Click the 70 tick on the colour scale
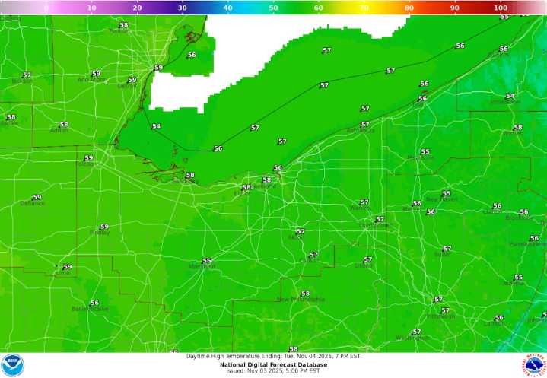click(364, 8)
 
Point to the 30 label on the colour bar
click(183, 8)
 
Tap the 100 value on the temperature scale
click(500, 8)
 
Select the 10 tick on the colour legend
click(92, 8)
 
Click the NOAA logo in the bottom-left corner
click(13, 365)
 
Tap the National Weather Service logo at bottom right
click(534, 365)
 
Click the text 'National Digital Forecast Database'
click(273, 364)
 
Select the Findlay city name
click(100, 233)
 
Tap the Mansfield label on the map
click(202, 267)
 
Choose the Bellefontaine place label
click(90, 309)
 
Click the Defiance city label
click(32, 203)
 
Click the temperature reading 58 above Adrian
click(64, 125)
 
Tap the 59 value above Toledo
click(89, 157)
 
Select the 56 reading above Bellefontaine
click(94, 303)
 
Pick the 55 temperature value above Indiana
click(519, 278)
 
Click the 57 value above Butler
click(447, 249)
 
